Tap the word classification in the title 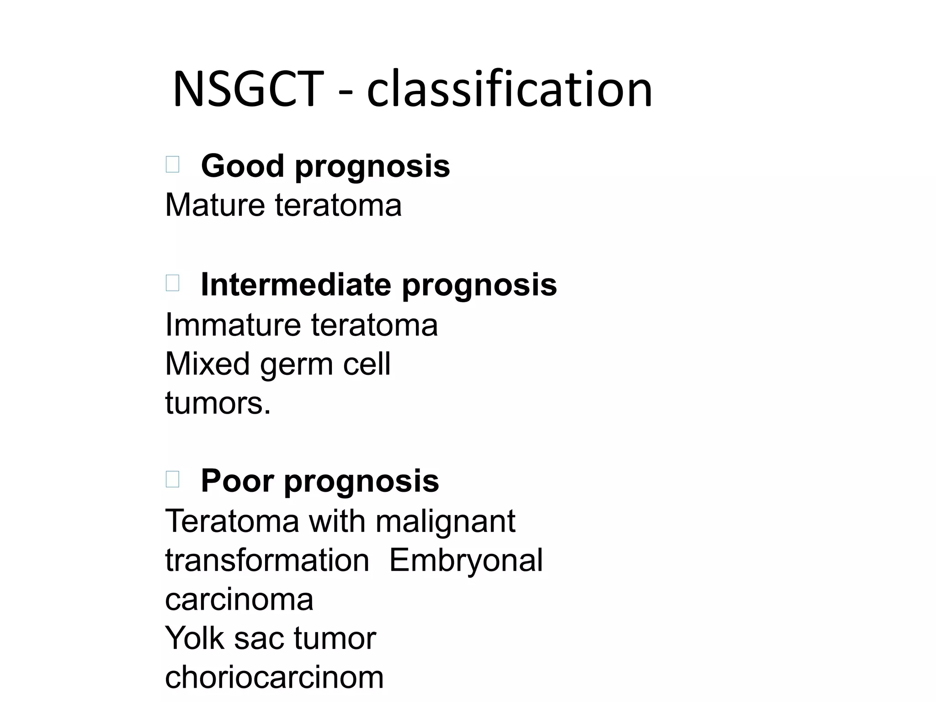click(509, 89)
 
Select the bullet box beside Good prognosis click(172, 164)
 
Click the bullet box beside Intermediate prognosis click(172, 283)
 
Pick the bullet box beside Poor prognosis click(172, 479)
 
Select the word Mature click(215, 205)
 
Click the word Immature click(233, 325)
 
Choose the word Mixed click(207, 364)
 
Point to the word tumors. click(218, 404)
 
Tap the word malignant click(445, 522)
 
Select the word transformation click(267, 561)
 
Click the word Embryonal click(466, 561)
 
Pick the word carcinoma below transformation click(239, 600)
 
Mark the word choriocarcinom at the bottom click(274, 678)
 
